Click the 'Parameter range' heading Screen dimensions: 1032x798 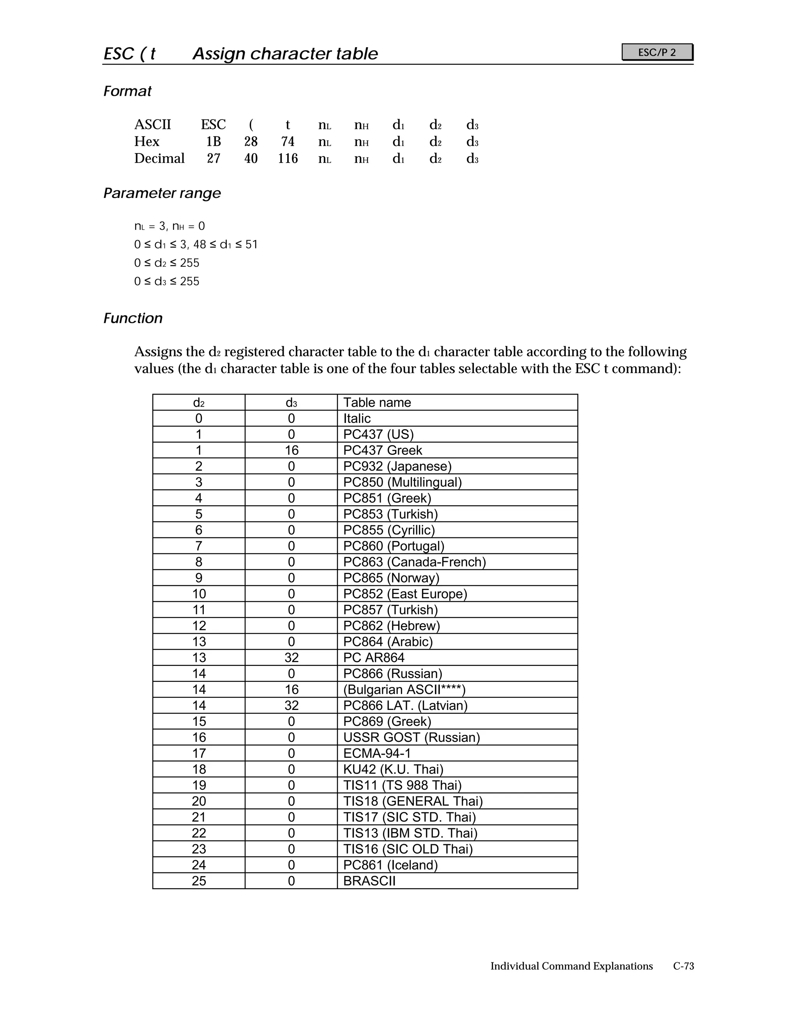[x=162, y=193]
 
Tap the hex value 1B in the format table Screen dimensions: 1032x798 [x=213, y=142]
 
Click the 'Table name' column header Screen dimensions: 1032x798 [x=377, y=403]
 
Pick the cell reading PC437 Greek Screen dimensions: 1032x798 [x=383, y=450]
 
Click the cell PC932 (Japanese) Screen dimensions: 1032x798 [x=397, y=467]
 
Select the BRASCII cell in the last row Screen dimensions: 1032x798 [x=369, y=881]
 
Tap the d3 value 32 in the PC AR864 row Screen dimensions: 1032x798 [x=291, y=658]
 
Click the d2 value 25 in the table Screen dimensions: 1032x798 [x=199, y=881]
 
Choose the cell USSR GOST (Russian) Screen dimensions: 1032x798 [x=411, y=738]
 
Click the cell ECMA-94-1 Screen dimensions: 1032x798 [x=377, y=753]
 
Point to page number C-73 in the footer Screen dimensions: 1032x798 [x=683, y=966]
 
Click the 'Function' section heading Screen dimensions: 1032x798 [x=133, y=319]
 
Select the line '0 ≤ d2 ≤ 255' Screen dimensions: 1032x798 [x=167, y=263]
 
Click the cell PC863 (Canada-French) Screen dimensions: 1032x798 [x=415, y=562]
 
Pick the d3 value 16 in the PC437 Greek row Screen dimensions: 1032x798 [x=291, y=450]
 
